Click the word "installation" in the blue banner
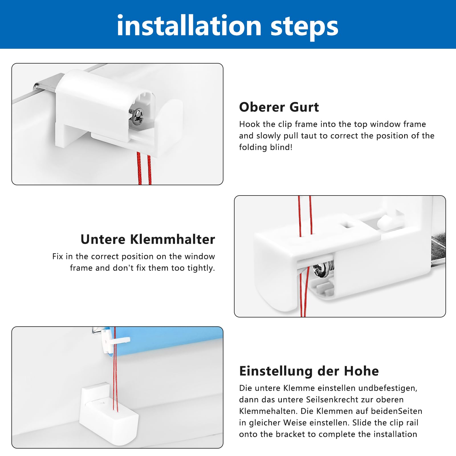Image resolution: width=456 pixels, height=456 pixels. coord(189,26)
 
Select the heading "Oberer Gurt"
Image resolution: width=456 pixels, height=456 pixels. coord(279,107)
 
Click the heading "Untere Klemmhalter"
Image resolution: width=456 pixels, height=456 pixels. coord(148,239)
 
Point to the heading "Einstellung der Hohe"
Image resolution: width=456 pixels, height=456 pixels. coord(309,371)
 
